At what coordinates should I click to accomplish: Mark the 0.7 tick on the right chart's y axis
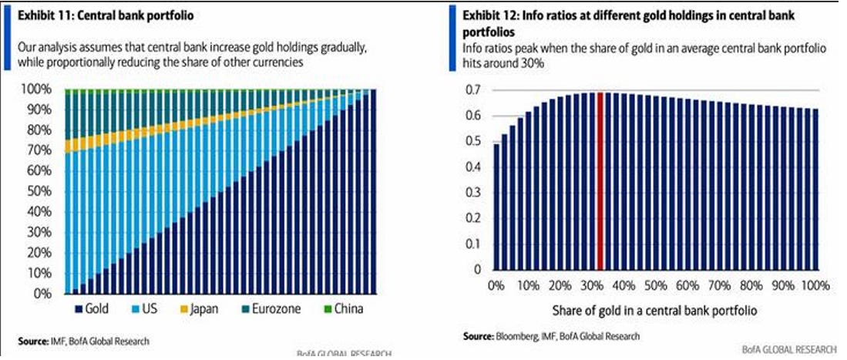[475, 90]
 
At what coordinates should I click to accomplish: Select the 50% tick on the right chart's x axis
[655, 286]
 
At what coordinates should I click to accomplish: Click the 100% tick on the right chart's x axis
[814, 286]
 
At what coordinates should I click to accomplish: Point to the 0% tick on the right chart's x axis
[497, 286]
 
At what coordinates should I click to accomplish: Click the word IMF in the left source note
[57, 341]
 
